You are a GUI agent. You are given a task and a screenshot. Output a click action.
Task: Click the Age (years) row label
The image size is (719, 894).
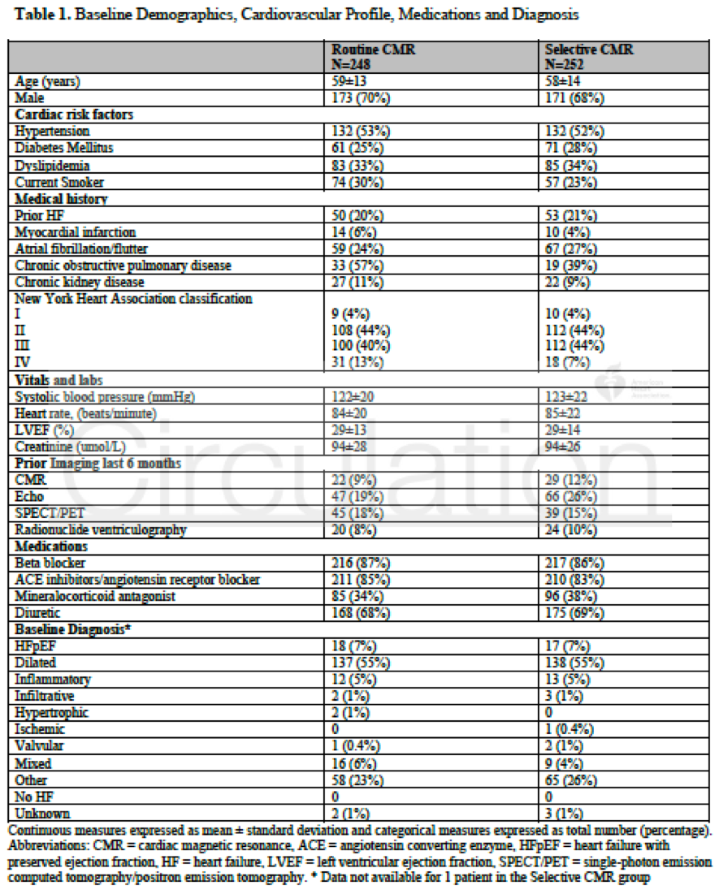47,82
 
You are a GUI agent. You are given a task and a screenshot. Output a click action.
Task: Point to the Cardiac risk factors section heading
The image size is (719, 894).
73,114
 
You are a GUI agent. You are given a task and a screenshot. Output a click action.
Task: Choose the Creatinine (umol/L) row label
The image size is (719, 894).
67,446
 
